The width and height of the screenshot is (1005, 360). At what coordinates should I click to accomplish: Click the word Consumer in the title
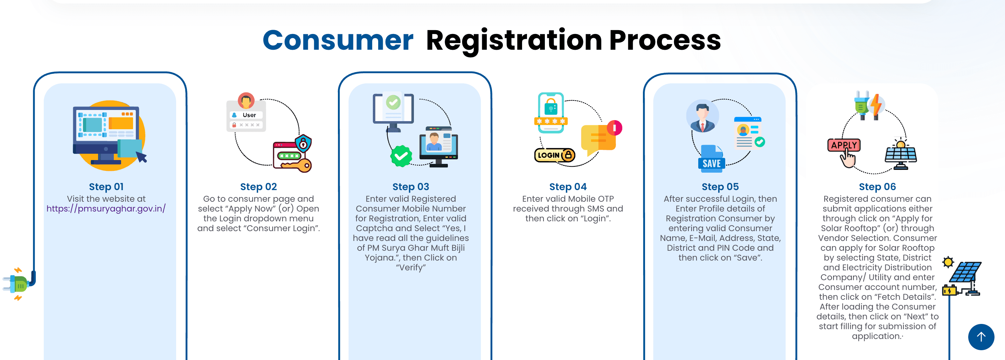click(x=338, y=40)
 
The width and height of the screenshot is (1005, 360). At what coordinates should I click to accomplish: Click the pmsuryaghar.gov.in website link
click(x=106, y=209)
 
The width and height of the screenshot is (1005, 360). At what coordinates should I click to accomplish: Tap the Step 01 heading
click(x=106, y=187)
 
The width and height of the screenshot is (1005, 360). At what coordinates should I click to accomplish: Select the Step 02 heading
click(x=258, y=187)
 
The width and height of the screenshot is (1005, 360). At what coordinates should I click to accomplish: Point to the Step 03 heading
click(x=410, y=187)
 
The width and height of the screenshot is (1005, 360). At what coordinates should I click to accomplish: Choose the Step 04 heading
click(x=568, y=187)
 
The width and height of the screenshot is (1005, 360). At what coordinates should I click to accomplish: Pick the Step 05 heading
click(x=720, y=187)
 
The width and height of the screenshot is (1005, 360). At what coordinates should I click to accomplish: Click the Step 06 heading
click(x=877, y=187)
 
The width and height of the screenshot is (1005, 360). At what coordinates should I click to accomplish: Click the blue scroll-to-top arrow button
click(x=981, y=337)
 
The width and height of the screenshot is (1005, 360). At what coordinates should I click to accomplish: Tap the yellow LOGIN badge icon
click(x=554, y=155)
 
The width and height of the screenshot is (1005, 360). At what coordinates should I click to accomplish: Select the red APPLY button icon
click(x=844, y=145)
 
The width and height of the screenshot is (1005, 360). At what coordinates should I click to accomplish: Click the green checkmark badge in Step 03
click(x=401, y=156)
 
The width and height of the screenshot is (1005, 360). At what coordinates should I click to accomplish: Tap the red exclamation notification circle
click(x=615, y=127)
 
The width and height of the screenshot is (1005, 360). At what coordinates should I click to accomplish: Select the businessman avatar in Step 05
click(x=702, y=116)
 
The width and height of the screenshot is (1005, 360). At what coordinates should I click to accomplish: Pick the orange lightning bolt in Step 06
click(x=876, y=104)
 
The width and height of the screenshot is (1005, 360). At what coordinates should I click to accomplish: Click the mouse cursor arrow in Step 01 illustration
click(x=141, y=157)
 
